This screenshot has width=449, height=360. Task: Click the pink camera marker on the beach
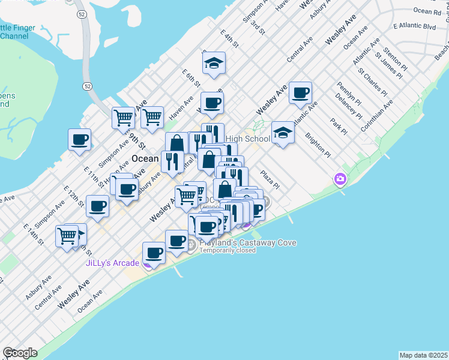[x=340, y=179]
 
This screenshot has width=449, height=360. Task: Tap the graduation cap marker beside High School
[x=283, y=133]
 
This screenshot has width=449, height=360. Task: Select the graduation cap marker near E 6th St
[x=213, y=64]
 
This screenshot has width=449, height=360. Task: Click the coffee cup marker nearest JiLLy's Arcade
[x=154, y=253]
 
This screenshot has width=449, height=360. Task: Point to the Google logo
[x=20, y=353]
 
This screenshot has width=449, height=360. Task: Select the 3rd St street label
[x=258, y=26]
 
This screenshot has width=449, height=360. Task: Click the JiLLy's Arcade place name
[x=112, y=263]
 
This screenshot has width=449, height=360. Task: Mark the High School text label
[x=247, y=139]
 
